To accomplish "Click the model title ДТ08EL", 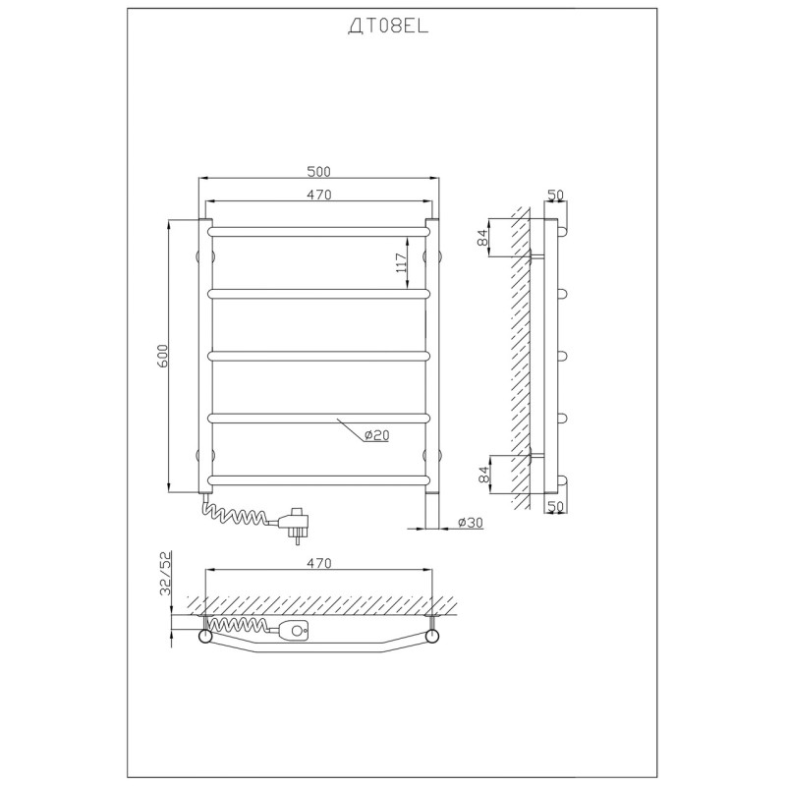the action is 388,28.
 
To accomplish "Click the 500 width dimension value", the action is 318,171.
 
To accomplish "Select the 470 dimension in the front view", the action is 319,195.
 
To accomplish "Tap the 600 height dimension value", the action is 164,356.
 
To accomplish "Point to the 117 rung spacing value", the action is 401,262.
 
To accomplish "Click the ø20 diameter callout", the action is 376,435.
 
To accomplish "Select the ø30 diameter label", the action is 471,523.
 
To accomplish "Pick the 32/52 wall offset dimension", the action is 165,573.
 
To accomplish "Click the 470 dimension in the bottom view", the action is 319,563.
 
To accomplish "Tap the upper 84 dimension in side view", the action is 482,237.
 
